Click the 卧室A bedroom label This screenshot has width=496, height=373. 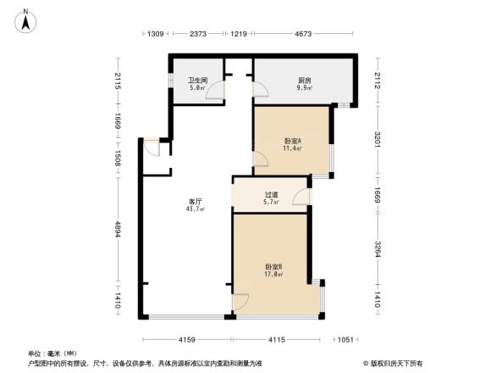293,140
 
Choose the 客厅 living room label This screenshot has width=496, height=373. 194,201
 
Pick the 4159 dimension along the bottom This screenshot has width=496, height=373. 187,339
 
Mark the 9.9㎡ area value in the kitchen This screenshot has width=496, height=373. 303,87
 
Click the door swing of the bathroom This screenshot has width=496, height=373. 218,94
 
